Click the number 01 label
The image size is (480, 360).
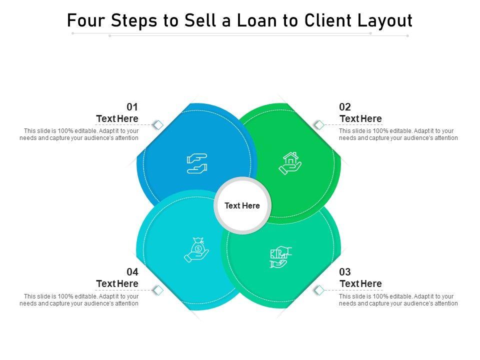(x=132, y=107)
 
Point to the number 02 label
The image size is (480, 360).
(x=345, y=107)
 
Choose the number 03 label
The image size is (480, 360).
(x=345, y=272)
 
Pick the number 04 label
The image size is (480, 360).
(x=132, y=272)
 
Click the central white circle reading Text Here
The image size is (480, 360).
(x=242, y=205)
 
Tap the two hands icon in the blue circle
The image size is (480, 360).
(x=196, y=163)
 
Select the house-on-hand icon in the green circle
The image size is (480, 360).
(x=290, y=163)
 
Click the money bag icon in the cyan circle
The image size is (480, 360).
(x=196, y=249)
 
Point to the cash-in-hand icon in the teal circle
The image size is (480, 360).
(x=280, y=257)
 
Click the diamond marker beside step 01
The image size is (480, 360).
(x=158, y=124)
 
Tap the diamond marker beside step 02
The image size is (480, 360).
(x=318, y=124)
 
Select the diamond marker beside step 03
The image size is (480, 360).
(x=318, y=289)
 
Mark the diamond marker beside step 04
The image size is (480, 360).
(x=158, y=289)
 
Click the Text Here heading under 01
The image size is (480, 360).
(x=117, y=118)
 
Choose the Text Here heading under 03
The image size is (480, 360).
(x=360, y=283)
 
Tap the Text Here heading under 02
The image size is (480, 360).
(x=360, y=118)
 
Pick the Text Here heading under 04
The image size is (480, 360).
(x=117, y=283)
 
